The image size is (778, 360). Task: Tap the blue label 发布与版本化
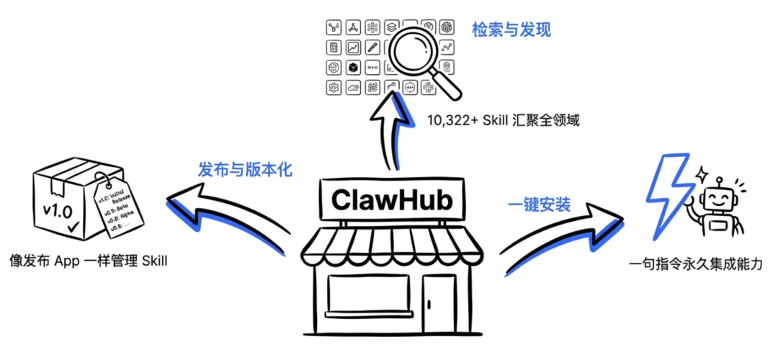click(245, 169)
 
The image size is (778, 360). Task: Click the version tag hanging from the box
click(118, 209)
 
